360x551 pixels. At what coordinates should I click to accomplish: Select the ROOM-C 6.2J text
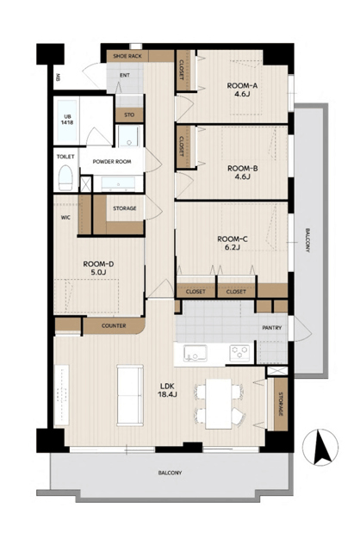click(233, 243)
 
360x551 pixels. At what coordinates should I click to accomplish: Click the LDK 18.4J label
click(167, 390)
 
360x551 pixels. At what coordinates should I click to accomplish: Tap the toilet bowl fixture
click(65, 178)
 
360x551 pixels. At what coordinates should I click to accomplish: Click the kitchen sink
click(196, 353)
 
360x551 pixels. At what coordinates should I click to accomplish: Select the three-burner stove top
click(239, 353)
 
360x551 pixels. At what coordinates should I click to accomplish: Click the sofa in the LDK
click(130, 395)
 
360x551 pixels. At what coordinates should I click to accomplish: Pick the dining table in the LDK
click(218, 404)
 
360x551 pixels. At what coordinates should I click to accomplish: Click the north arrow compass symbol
click(320, 448)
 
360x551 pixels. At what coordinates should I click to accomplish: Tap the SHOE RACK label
click(127, 56)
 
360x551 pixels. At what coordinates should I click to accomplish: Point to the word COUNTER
click(114, 325)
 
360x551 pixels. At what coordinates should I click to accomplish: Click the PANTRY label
click(272, 328)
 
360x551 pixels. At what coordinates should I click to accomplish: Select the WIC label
click(65, 218)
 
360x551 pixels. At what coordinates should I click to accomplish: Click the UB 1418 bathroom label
click(66, 120)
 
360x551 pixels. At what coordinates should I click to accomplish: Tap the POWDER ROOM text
click(112, 162)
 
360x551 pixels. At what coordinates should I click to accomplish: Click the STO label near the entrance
click(129, 115)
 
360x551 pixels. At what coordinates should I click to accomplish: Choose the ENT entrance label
click(125, 75)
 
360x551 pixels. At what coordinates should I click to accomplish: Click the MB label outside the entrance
click(57, 77)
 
